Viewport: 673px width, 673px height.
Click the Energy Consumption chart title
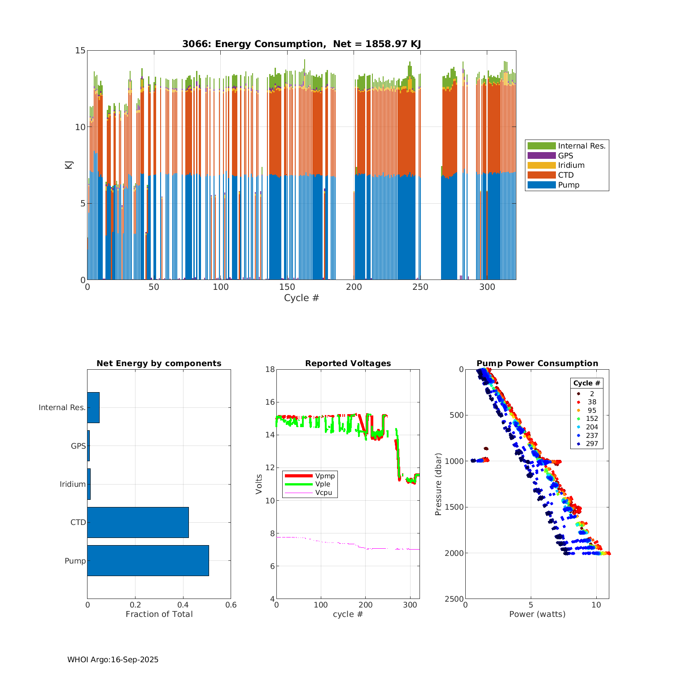tap(302, 44)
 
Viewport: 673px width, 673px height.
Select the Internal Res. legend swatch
tap(542, 146)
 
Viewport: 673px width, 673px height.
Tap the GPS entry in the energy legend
tap(565, 156)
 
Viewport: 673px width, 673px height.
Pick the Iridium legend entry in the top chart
tap(571, 166)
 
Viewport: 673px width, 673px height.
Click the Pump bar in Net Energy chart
tap(148, 560)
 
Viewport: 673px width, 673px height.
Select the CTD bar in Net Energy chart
tap(138, 522)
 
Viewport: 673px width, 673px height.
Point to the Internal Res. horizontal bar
tap(93, 407)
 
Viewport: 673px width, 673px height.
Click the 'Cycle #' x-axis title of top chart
tap(302, 298)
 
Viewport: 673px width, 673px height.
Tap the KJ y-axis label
tap(69, 165)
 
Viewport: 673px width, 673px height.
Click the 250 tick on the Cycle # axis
tap(420, 287)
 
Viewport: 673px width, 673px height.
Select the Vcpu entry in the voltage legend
tap(323, 493)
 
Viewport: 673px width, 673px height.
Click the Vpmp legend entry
tap(325, 476)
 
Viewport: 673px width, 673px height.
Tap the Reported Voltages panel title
tap(348, 363)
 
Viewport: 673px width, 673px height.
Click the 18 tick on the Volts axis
tap(270, 369)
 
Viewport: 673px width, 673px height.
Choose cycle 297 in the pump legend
tap(592, 444)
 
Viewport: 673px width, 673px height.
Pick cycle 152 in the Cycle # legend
tap(592, 419)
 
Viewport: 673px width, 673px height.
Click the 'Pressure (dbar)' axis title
tap(438, 484)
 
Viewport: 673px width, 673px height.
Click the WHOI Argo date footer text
tap(113, 660)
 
